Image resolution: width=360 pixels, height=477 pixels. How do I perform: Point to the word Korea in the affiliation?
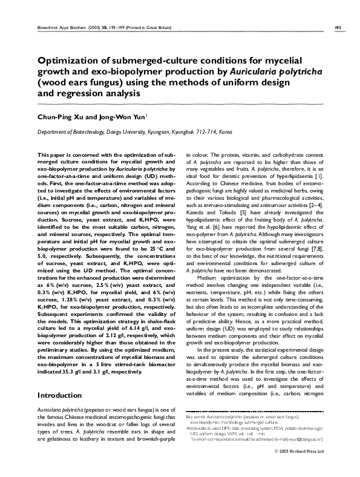pyautogui.click(x=225, y=131)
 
